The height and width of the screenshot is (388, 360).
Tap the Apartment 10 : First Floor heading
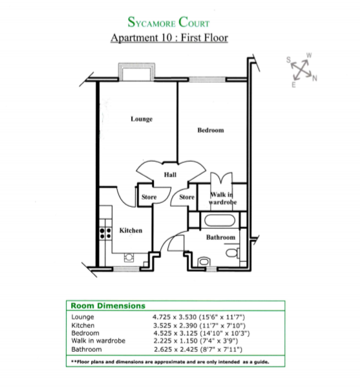(169, 38)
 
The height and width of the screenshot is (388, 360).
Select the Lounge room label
(141, 119)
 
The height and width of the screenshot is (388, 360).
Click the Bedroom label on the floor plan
(210, 130)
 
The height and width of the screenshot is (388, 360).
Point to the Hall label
(170, 175)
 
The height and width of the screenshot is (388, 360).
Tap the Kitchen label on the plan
(131, 230)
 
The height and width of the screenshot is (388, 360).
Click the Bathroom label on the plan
(220, 237)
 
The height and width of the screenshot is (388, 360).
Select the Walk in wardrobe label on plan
(223, 199)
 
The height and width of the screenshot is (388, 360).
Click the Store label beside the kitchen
(149, 197)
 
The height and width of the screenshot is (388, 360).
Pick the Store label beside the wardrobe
(187, 197)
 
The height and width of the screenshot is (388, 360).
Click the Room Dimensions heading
(107, 306)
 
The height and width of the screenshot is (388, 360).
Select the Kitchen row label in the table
(83, 325)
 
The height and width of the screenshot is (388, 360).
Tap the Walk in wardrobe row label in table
(97, 341)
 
